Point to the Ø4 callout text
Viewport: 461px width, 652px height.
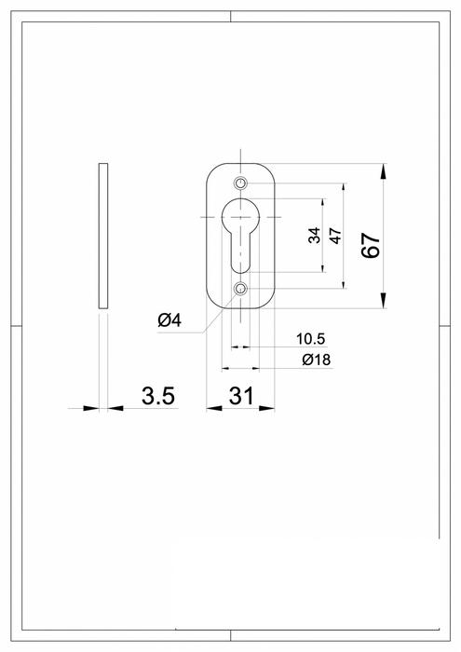coord(169,321)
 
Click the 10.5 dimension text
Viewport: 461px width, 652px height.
coord(311,338)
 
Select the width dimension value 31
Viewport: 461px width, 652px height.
coord(241,396)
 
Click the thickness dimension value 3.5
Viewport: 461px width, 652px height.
coord(158,396)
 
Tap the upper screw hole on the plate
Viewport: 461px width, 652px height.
coord(241,182)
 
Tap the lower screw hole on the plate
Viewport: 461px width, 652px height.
coord(241,290)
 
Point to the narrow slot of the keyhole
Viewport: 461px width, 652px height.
coord(241,256)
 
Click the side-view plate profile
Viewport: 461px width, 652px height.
coord(103,237)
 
